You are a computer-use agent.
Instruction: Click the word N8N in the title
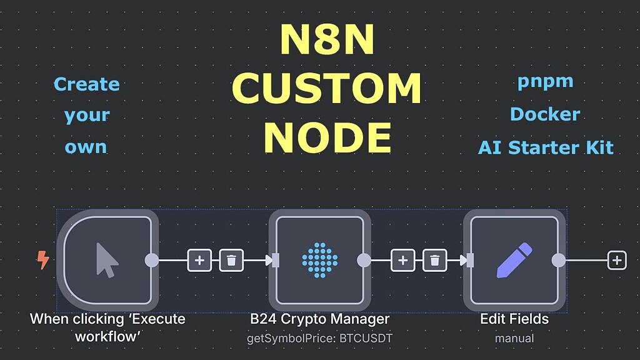(x=326, y=41)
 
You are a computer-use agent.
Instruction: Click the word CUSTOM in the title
(x=326, y=89)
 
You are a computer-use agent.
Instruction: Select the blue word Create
(x=86, y=84)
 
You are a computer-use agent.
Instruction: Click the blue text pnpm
(x=545, y=82)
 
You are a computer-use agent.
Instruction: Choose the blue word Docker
(x=545, y=114)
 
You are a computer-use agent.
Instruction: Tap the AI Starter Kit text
(x=545, y=147)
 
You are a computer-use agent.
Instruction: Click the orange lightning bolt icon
(x=42, y=260)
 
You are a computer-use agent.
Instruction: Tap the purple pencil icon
(x=514, y=260)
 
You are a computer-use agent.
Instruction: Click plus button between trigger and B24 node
(x=199, y=260)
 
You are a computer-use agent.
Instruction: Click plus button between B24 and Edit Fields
(x=403, y=260)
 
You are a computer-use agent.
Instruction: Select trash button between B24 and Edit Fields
(x=434, y=260)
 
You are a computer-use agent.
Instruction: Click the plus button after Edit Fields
(x=617, y=260)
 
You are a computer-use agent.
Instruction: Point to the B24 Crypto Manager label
(x=319, y=319)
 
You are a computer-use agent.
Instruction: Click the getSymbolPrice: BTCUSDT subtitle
(x=319, y=338)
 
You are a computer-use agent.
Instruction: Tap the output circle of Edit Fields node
(x=559, y=260)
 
